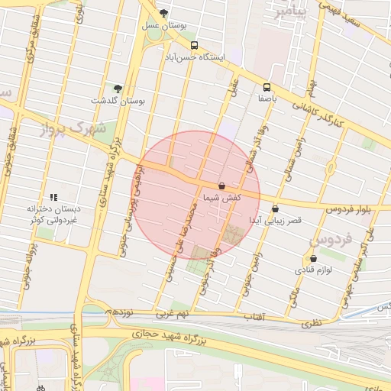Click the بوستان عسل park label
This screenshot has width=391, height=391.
pyautogui.click(x=164, y=25)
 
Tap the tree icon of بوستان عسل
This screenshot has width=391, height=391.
pyautogui.click(x=164, y=13)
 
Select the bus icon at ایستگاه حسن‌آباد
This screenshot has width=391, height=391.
pyautogui.click(x=194, y=45)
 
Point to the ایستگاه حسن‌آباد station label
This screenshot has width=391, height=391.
pyautogui.click(x=197, y=57)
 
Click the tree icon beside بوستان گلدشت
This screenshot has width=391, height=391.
pyautogui.click(x=118, y=89)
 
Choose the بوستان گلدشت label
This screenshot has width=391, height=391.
pyautogui.click(x=118, y=101)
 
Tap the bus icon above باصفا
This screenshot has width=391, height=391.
pyautogui.click(x=267, y=86)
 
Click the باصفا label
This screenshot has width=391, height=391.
pyautogui.click(x=267, y=99)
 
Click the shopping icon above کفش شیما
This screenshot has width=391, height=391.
pyautogui.click(x=221, y=186)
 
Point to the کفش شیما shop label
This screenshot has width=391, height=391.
pyautogui.click(x=221, y=197)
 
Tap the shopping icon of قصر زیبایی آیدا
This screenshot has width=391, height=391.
pyautogui.click(x=275, y=208)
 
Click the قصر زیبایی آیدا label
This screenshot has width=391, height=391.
pyautogui.click(x=274, y=220)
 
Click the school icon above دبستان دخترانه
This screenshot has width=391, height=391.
pyautogui.click(x=53, y=196)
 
